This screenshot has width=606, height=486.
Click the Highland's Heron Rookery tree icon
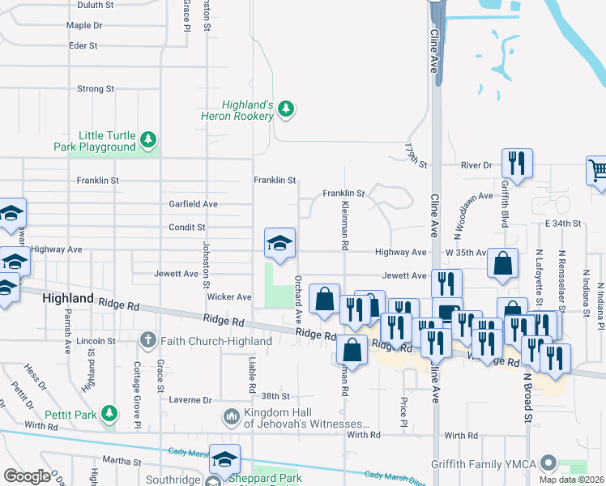coord(285,109)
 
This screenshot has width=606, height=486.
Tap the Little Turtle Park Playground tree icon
coord(147,140)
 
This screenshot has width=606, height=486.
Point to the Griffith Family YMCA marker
coord(549,464)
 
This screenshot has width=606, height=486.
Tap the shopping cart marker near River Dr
coord(597,171)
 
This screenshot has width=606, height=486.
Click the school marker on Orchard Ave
coord(280,242)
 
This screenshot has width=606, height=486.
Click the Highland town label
coord(68,298)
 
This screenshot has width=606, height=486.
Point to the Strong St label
coord(96,88)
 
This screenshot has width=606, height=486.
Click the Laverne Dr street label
coord(190,400)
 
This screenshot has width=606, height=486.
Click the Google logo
coord(27,476)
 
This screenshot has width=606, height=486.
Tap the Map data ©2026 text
coord(572,480)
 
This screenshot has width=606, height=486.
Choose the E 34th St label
coord(564,223)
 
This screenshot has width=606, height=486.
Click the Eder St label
coord(83,45)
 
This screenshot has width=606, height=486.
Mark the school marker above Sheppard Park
coord(224,458)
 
